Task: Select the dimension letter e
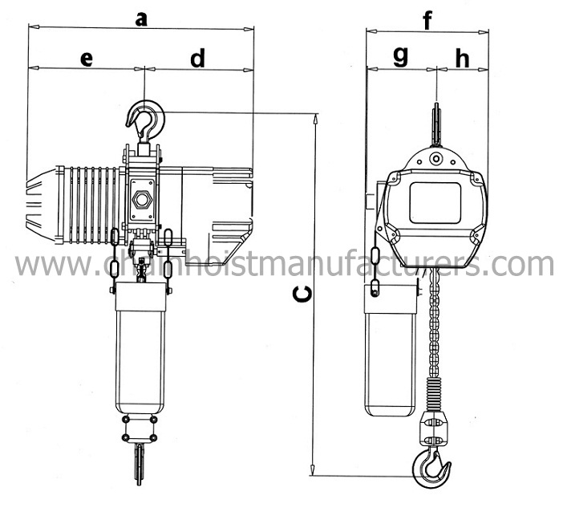(x=87, y=58)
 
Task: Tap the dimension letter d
(x=197, y=58)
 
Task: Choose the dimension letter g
(x=400, y=56)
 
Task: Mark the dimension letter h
(x=462, y=58)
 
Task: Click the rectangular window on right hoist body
(x=435, y=202)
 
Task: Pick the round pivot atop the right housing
(x=435, y=159)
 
